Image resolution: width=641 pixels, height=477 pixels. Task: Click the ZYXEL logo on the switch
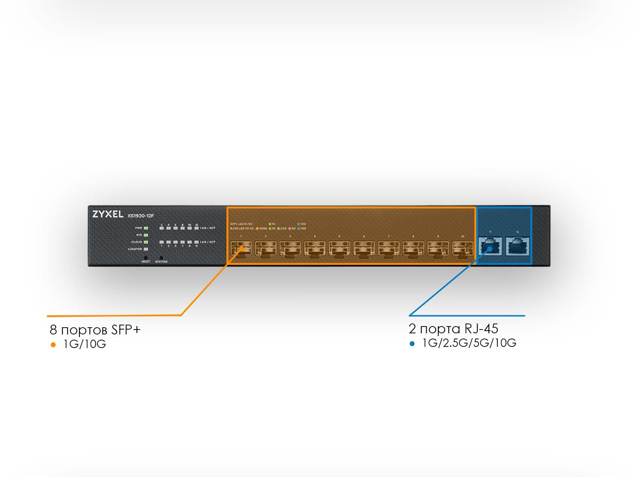pyautogui.click(x=108, y=214)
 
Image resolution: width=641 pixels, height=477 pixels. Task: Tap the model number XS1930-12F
pyautogui.click(x=141, y=216)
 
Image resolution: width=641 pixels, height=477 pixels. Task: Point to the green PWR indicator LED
pyautogui.click(x=146, y=228)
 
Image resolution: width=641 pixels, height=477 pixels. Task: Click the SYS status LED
pyautogui.click(x=146, y=235)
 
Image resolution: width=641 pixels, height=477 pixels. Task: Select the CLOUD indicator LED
pyautogui.click(x=146, y=242)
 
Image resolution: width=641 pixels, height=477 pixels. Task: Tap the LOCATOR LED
pyautogui.click(x=146, y=249)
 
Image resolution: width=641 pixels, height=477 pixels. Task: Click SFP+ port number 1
pyautogui.click(x=241, y=249)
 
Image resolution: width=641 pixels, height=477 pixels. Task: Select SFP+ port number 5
pyautogui.click(x=339, y=249)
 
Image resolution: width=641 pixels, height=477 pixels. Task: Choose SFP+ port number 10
pyautogui.click(x=462, y=249)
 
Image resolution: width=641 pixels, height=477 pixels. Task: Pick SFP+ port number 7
pyautogui.click(x=389, y=249)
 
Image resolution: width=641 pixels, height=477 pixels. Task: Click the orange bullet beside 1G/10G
pyautogui.click(x=53, y=345)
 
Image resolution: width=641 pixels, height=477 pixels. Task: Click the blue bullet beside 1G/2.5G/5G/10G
pyautogui.click(x=412, y=343)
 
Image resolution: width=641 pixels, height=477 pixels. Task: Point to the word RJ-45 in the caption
pyautogui.click(x=481, y=329)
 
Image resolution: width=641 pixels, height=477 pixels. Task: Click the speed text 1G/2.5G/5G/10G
pyautogui.click(x=469, y=343)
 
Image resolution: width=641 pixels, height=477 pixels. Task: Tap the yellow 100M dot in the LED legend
pyautogui.click(x=257, y=228)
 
